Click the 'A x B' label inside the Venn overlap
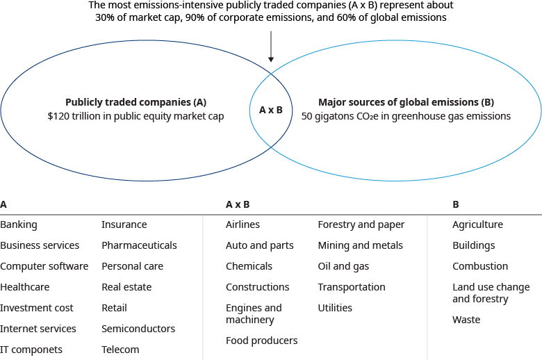tap(270, 110)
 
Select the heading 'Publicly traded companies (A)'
tap(136, 101)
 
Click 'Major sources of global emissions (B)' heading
tap(406, 101)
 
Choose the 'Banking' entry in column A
tap(19, 224)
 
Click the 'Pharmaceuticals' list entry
tap(139, 245)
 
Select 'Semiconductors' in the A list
tap(138, 329)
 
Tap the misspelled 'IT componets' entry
tap(31, 350)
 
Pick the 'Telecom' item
tap(120, 350)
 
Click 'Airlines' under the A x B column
tap(243, 224)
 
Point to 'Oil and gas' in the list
tap(343, 266)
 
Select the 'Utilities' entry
tap(335, 308)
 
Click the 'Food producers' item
tap(261, 341)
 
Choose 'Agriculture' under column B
tap(477, 224)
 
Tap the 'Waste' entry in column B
tap(466, 320)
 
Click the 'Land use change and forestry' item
tap(491, 293)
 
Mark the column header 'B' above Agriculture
tap(455, 204)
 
